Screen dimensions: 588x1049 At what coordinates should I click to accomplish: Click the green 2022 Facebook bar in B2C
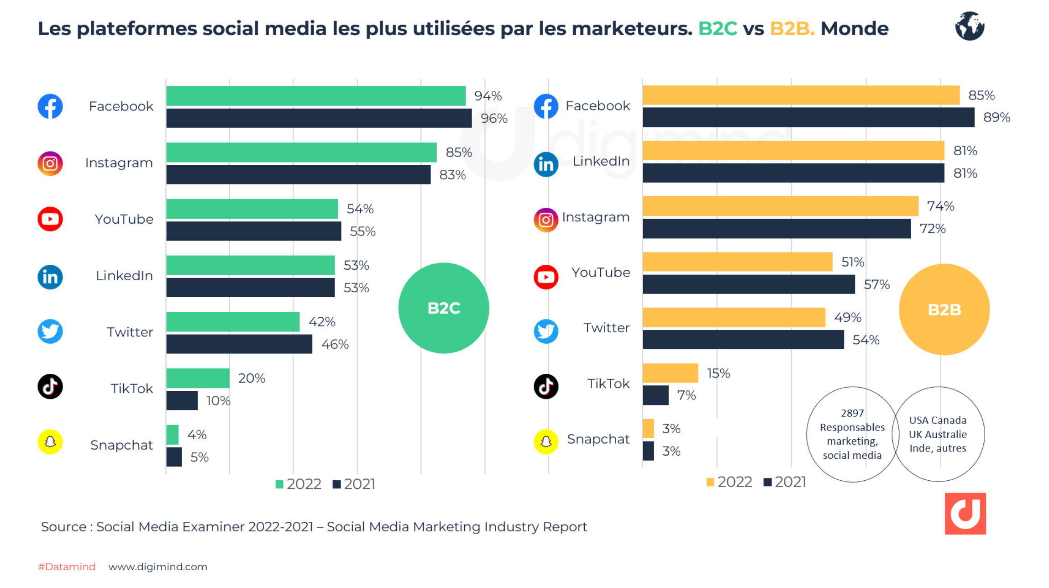point(315,96)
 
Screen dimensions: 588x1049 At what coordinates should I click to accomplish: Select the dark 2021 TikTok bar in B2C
point(182,400)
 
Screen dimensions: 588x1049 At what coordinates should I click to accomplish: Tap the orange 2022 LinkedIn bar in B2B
point(793,151)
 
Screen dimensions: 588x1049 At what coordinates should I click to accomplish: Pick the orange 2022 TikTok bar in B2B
point(670,373)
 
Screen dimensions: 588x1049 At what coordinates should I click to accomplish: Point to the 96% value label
point(494,119)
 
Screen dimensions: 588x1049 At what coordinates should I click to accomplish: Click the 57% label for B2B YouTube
point(876,285)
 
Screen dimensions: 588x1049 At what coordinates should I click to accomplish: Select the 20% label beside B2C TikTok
point(252,378)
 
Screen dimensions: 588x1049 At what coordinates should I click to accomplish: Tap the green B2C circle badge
point(444,308)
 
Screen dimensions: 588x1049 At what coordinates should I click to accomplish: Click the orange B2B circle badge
point(944,310)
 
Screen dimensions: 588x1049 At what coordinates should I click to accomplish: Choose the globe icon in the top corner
point(970,26)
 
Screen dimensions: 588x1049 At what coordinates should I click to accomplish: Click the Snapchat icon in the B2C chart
point(50,442)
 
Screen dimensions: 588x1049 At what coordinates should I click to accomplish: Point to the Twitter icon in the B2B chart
point(546,331)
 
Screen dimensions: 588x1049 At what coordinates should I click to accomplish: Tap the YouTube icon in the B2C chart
point(50,219)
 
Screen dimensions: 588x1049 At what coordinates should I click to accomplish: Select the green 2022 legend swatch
point(279,484)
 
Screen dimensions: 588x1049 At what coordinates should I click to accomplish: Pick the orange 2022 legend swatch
point(710,482)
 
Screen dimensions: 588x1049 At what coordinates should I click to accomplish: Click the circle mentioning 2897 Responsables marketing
point(852,434)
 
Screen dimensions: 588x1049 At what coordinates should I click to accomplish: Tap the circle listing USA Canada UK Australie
point(938,434)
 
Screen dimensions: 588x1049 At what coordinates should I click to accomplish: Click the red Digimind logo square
point(965,514)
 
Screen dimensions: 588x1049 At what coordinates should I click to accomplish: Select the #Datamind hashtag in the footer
point(67,567)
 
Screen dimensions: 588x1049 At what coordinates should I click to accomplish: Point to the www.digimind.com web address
point(158,567)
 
